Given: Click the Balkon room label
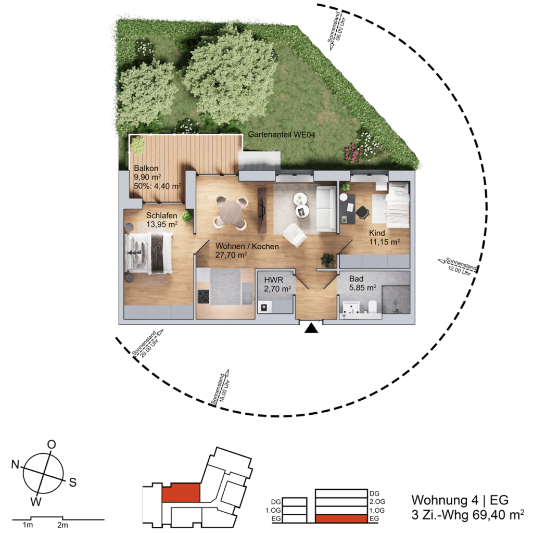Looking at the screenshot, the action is [x=146, y=168].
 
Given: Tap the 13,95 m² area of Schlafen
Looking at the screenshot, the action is [x=162, y=224].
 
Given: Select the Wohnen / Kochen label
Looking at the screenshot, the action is [x=247, y=246].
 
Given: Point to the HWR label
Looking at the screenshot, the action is [x=274, y=280].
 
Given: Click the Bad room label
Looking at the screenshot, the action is [x=356, y=279].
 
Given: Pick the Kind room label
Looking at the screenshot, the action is [x=377, y=233].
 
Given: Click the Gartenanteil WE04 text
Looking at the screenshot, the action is [x=282, y=134].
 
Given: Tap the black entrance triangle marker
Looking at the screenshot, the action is [x=311, y=328].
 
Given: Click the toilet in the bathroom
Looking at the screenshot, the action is [x=372, y=307].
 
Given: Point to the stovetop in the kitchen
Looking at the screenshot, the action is [x=204, y=296].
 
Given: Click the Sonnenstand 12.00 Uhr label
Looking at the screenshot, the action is [x=460, y=267].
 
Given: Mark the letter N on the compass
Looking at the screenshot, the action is [x=15, y=464].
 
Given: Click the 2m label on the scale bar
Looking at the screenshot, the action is [x=62, y=525].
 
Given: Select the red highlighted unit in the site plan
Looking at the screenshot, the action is [x=181, y=492].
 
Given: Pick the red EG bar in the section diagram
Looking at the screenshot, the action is [x=341, y=519].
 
